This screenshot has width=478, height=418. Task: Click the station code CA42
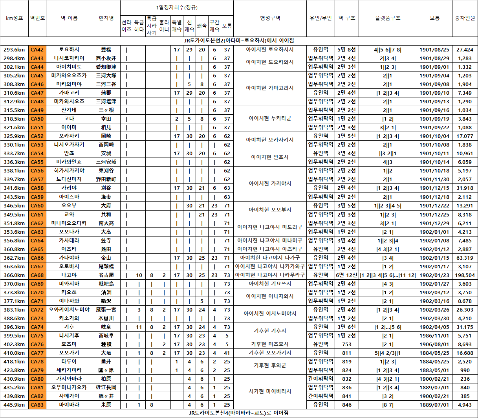pos(37,49)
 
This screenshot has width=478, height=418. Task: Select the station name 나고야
pos(69,275)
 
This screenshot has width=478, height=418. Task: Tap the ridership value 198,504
pos(465,275)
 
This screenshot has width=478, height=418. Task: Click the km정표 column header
pos(15,18)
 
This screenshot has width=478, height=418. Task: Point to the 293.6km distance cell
pos(14,49)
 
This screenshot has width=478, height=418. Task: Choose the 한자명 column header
pos(106,18)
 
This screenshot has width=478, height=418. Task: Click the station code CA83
pos(37,405)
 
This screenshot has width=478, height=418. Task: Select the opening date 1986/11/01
pos(434,335)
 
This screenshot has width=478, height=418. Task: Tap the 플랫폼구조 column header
pos(388,18)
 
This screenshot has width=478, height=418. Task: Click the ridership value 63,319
pos(465,258)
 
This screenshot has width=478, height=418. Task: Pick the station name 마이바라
pos(69,405)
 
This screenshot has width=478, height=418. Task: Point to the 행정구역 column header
pos(270,18)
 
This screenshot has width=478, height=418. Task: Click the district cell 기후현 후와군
pos(270,365)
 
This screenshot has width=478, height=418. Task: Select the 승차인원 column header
pos(465,18)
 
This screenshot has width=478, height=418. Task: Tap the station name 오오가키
pos(69,353)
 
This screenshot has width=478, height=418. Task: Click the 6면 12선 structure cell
pos(346,275)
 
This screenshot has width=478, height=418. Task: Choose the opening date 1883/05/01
pos(434,370)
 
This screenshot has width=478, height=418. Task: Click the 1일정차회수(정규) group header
pos(177,8)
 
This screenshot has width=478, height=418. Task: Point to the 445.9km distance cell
pos(14,405)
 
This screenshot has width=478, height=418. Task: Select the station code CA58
pos(37,188)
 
